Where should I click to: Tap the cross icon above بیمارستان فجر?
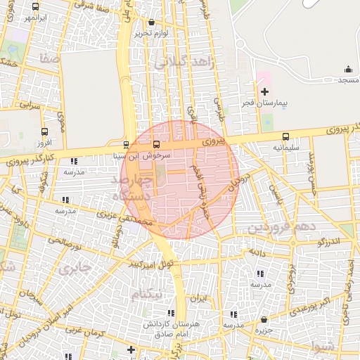[264, 91]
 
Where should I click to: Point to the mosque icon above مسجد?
[348, 69]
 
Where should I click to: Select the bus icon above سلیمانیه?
[285, 137]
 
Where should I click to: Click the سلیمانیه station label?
[285, 148]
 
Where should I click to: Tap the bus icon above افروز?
[45, 131]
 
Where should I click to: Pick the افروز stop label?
[44, 143]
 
